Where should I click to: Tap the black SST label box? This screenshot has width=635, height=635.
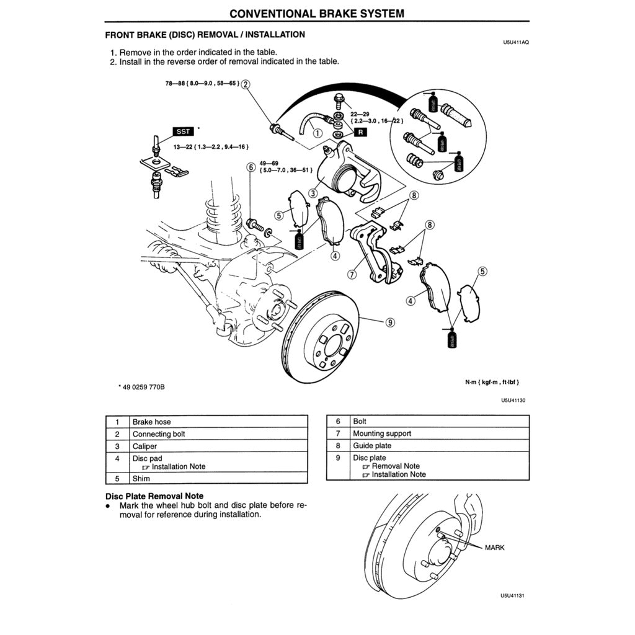[184, 131]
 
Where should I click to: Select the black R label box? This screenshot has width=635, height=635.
[360, 131]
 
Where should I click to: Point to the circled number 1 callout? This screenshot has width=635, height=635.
[317, 131]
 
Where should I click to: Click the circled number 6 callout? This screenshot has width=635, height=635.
[251, 167]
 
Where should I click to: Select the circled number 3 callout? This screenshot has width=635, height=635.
[313, 193]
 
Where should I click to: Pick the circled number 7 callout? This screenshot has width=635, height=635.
[352, 274]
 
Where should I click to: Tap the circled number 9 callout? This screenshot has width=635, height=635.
[389, 321]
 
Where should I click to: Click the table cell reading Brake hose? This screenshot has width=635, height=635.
[151, 422]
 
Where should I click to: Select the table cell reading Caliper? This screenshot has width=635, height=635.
[144, 446]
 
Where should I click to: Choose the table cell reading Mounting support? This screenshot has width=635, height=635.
[382, 433]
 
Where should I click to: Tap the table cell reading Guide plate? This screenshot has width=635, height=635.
[372, 445]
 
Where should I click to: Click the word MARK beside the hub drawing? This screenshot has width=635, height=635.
[494, 548]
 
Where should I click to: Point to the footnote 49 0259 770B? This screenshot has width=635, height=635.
[144, 387]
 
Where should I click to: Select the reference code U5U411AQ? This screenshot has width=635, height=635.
[515, 43]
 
